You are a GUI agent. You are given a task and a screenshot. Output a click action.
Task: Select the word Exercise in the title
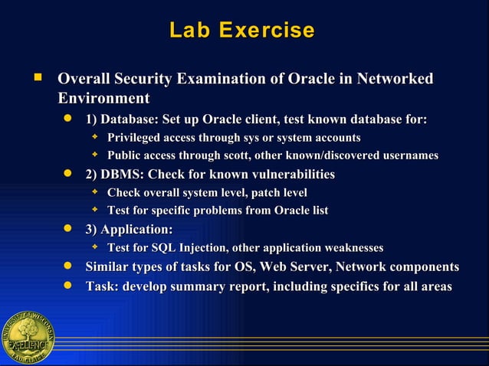click(266, 31)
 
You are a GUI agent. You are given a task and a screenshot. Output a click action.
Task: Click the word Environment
click(103, 98)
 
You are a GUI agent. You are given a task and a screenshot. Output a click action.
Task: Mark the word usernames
click(409, 155)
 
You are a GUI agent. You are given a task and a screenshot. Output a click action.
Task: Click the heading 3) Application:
click(129, 229)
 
